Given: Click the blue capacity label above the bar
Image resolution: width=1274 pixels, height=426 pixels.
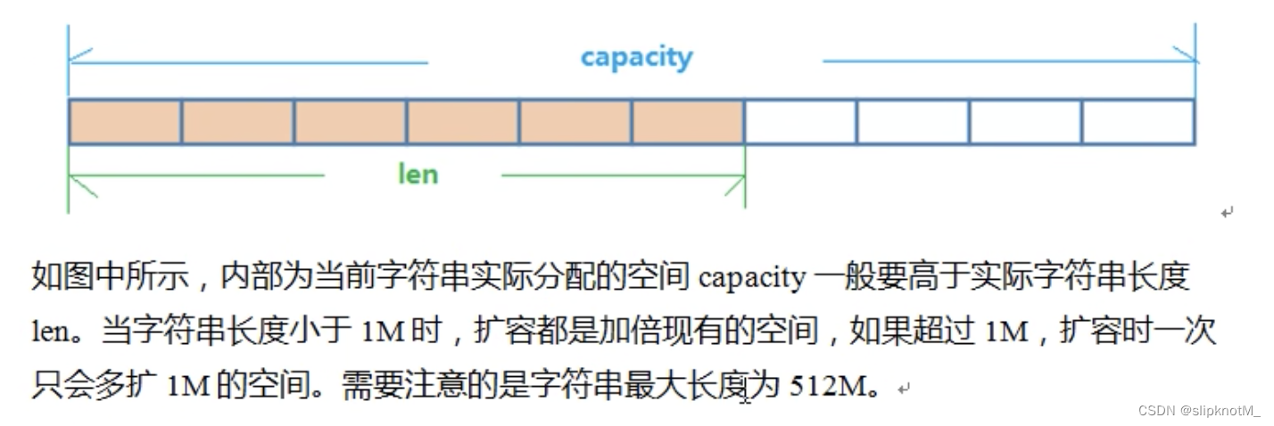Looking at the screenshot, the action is [636, 58].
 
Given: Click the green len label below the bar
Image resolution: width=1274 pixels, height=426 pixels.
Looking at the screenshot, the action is [418, 173].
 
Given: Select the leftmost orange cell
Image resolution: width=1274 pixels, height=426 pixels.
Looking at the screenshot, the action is [125, 122].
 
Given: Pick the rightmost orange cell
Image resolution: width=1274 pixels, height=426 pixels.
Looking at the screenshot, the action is [688, 122].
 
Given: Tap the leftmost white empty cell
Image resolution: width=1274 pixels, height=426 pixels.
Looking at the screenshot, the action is [800, 122].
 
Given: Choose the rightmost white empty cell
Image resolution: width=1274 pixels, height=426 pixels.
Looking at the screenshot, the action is [1137, 122].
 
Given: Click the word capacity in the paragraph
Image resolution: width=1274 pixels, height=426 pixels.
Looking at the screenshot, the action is [752, 278].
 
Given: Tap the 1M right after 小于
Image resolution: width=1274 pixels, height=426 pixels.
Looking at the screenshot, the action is [384, 333].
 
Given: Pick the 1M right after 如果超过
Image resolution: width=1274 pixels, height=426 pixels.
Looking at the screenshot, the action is [1007, 333].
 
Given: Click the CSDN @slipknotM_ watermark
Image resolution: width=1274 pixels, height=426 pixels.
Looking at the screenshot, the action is [1198, 410].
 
